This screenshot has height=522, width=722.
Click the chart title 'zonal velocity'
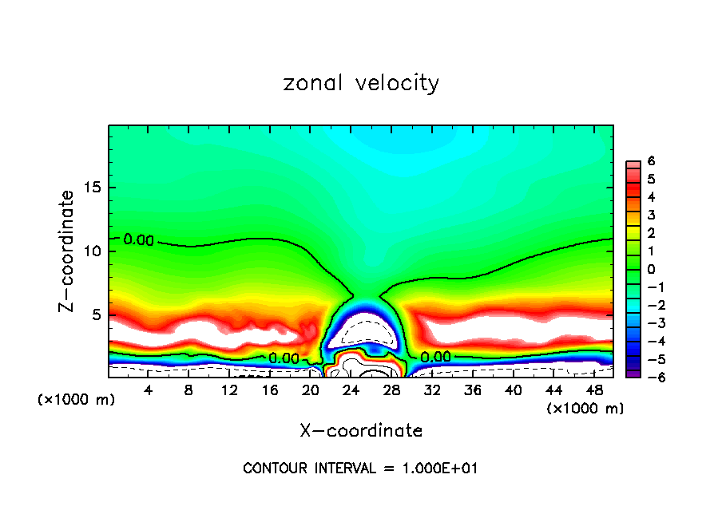tap(361, 83)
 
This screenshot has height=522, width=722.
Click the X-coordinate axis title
tap(361, 431)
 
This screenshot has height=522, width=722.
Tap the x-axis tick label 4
tap(149, 389)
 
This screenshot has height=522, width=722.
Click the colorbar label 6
tap(652, 160)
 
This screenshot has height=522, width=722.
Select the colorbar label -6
tap(650, 377)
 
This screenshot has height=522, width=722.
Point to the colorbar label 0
tap(652, 269)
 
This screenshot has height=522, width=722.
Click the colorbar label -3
tap(650, 323)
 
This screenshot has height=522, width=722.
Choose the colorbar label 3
tap(652, 215)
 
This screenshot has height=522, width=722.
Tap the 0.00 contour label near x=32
tap(435, 357)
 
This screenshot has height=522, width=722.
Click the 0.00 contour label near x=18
tap(284, 358)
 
